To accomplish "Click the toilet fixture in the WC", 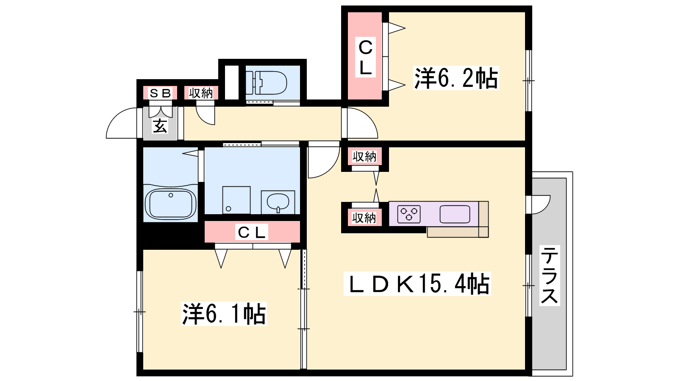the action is (266, 83).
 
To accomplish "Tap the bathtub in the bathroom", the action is (171, 204).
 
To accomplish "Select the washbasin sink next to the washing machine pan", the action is (278, 202).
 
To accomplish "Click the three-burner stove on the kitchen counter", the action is (409, 214).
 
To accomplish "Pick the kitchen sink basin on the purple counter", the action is (455, 214).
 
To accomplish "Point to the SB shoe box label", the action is (160, 93).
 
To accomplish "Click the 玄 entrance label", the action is (160, 126).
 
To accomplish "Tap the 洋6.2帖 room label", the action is (456, 78).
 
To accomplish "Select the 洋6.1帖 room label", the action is (224, 314).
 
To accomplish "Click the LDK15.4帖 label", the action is (417, 284).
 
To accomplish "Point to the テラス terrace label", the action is (549, 275).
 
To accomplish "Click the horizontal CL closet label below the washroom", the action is (252, 232).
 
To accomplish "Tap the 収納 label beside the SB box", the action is (201, 93).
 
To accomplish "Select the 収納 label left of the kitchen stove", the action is (364, 218).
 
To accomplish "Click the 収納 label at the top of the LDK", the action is (364, 157).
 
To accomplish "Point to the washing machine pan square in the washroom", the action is (236, 200).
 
